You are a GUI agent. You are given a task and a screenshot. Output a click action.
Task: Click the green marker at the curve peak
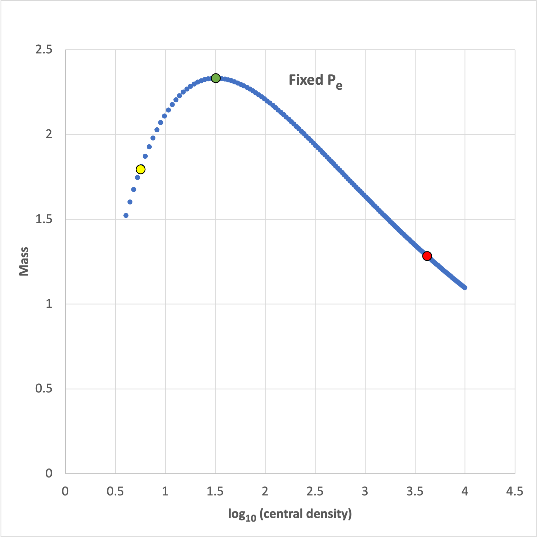point(216,78)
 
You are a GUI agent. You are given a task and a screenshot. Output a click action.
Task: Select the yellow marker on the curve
point(141,169)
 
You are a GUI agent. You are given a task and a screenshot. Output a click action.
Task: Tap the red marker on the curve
point(427,256)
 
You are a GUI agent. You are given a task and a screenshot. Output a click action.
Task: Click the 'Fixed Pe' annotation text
point(315,81)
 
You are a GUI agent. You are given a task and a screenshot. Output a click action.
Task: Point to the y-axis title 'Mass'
point(24,261)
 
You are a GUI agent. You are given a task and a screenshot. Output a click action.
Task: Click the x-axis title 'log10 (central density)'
point(290,514)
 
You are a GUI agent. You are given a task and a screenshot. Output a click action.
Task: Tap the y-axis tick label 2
point(49,134)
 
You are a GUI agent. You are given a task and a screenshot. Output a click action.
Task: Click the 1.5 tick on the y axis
point(44,219)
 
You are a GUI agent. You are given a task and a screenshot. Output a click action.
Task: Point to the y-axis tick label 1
point(49,304)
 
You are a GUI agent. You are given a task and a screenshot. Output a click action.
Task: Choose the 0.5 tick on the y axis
point(44,388)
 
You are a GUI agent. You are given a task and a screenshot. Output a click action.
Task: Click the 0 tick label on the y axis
point(49,473)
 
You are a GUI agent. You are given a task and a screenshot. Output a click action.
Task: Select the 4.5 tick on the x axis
point(515,492)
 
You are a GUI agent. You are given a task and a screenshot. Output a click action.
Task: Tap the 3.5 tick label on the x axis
point(415,492)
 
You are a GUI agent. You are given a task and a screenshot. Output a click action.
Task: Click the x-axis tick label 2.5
point(315,492)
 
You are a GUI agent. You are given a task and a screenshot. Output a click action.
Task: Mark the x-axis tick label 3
point(365,492)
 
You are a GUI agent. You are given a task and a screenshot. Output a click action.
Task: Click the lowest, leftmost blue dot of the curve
point(126,216)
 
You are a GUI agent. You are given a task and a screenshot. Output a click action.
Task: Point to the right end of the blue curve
point(465,288)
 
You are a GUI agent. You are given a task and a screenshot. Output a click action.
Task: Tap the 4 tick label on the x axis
point(465,492)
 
